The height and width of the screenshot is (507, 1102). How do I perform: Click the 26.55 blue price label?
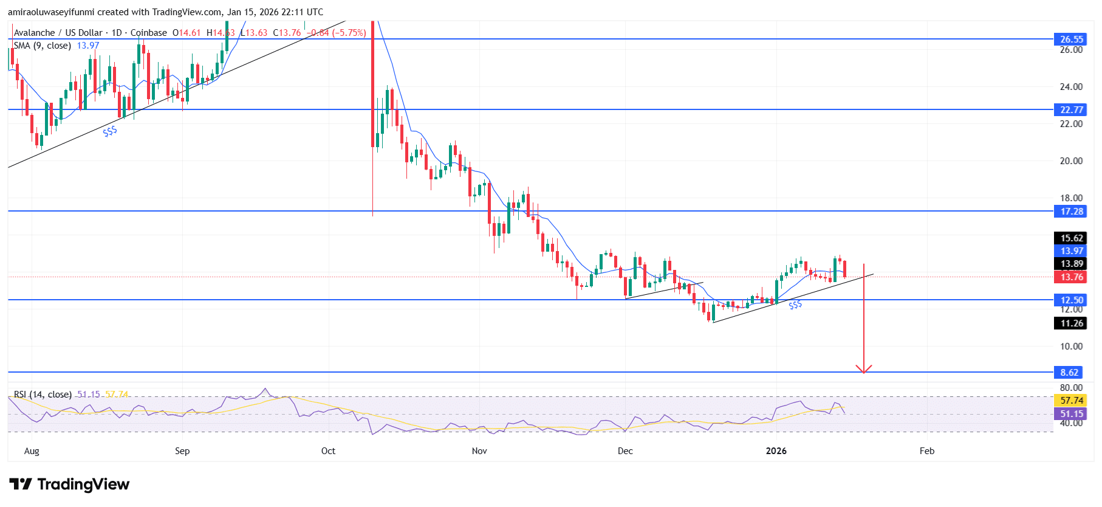coord(1071,39)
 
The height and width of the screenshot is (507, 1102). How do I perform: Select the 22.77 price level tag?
coord(1071,109)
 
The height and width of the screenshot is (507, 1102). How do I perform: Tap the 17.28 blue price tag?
coord(1071,211)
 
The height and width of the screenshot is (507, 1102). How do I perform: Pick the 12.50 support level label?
coord(1071,300)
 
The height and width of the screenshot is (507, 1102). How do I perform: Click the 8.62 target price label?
coord(1069,372)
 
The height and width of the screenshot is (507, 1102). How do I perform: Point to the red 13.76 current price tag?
coord(1071,277)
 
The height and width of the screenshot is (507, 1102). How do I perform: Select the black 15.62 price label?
coord(1071,238)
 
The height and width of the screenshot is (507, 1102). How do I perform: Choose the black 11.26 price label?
coord(1071,323)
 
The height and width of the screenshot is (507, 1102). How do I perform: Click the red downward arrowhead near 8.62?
coord(863,369)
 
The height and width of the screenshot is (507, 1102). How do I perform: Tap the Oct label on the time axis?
coord(328,450)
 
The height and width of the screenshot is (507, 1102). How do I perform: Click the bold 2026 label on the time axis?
coord(776,450)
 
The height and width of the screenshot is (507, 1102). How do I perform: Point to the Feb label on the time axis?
coord(926,450)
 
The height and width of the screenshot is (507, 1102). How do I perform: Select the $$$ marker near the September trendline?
coord(110,131)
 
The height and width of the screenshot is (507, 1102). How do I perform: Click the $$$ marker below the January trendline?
coord(795,305)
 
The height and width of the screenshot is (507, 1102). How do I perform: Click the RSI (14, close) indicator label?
coord(43,395)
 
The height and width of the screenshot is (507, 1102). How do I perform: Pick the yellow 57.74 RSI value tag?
coord(1071,400)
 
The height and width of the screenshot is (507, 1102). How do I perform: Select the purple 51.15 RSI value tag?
coord(1071,413)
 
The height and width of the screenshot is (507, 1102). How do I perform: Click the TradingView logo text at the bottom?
coord(83,485)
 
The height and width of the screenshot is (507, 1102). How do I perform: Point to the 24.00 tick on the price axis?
coord(1071,86)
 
